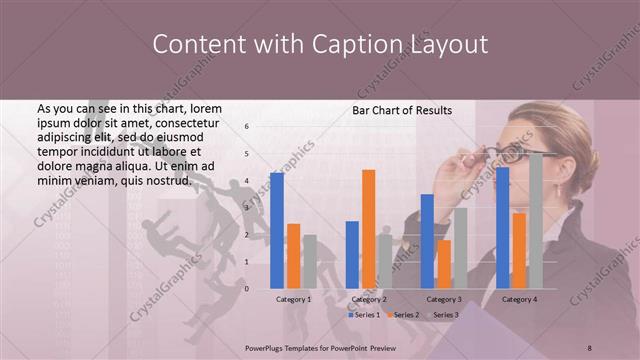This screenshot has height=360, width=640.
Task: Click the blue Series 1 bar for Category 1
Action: coord(277,231)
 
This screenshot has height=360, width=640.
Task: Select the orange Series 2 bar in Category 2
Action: coord(369,229)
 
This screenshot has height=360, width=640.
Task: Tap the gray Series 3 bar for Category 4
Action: coord(536,221)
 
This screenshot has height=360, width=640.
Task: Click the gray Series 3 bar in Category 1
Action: coord(310,262)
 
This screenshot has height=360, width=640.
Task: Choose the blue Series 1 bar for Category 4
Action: coord(503,228)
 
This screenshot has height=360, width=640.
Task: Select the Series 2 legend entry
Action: coord(405,315)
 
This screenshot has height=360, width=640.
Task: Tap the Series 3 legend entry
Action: coord(444,315)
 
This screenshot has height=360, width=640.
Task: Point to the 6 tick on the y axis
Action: coord(246,127)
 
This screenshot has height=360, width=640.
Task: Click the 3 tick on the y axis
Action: coord(246,208)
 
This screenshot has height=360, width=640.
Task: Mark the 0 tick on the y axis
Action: coord(246,289)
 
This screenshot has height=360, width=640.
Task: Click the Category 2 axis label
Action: coord(369,300)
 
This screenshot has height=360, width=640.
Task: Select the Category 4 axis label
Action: coord(519,300)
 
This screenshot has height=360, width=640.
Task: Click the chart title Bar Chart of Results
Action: coord(402,110)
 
